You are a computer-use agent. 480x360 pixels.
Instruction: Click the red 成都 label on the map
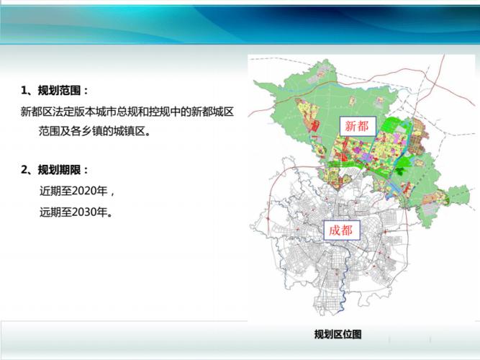pos(340,230)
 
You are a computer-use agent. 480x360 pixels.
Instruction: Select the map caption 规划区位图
pos(338,334)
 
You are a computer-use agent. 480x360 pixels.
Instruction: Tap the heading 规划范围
pos(60,91)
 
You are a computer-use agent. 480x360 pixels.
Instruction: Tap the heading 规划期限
pos(60,171)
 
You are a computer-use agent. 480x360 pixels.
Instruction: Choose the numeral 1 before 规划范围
pos(24,91)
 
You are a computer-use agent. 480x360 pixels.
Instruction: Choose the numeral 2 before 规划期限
pos(24,171)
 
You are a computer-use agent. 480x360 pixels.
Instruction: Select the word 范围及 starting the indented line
pos(55,132)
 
